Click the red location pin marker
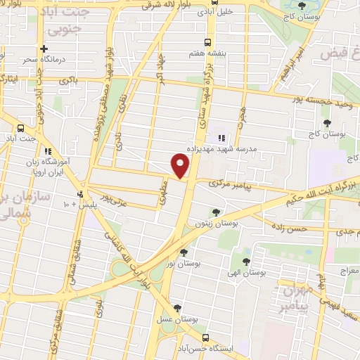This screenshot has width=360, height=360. click(x=181, y=166)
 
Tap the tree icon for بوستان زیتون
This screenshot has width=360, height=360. click(x=215, y=212)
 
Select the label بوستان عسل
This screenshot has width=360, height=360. click(x=177, y=318)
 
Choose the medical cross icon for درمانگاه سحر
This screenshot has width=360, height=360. click(x=44, y=49)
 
